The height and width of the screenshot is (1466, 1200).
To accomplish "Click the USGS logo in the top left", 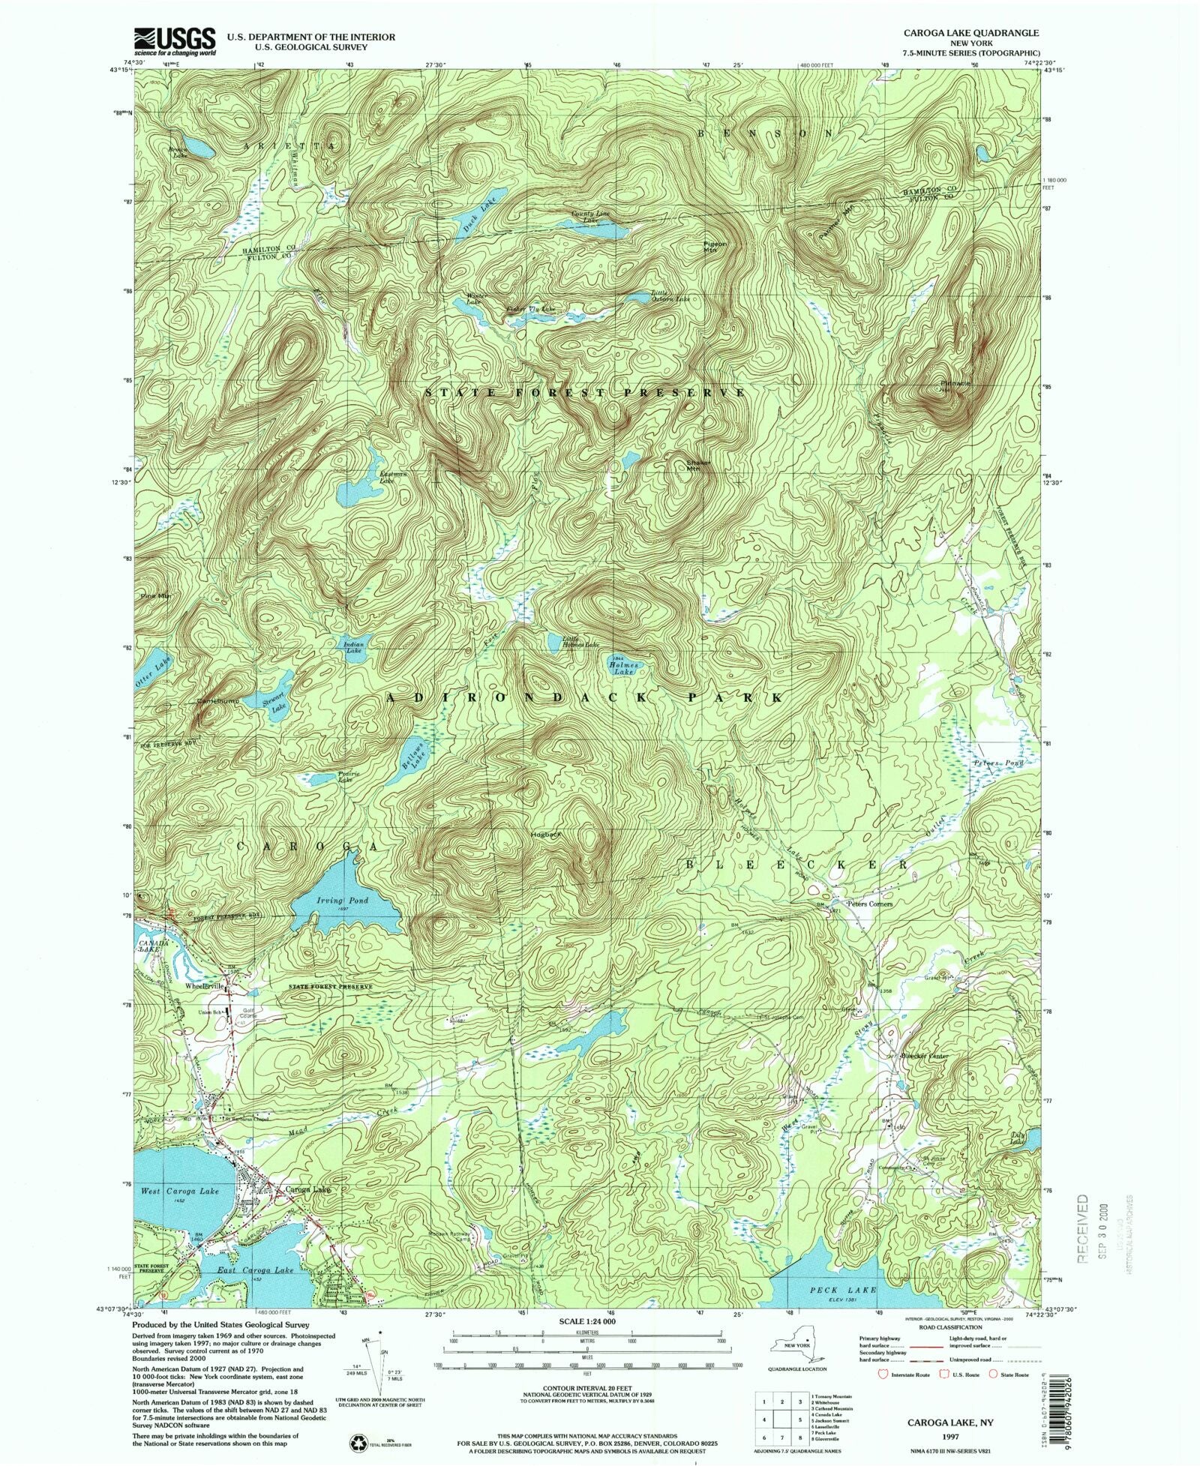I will (x=174, y=42).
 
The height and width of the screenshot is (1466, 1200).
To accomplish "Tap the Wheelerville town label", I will (x=205, y=987).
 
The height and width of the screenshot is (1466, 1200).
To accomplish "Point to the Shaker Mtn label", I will (x=698, y=466).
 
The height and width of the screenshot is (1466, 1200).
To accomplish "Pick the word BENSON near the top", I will (x=765, y=133).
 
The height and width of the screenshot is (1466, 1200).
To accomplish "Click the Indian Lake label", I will (x=354, y=647).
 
